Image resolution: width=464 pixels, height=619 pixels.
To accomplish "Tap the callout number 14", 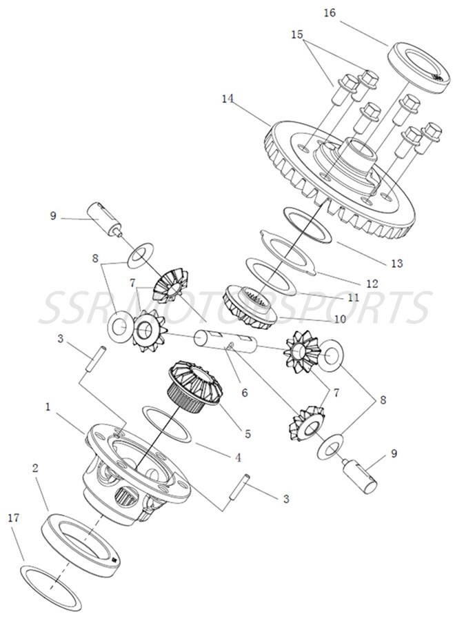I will (x=228, y=99).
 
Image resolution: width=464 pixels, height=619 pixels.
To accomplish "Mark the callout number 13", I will (x=396, y=264).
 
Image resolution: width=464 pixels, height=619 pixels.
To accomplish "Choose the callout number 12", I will (x=372, y=284).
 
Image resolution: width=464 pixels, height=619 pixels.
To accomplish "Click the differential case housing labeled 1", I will (x=131, y=476).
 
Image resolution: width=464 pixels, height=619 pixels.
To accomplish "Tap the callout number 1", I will (x=48, y=407).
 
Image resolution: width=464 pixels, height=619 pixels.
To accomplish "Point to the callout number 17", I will (x=12, y=518).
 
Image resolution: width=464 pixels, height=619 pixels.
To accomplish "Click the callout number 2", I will (x=34, y=467).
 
